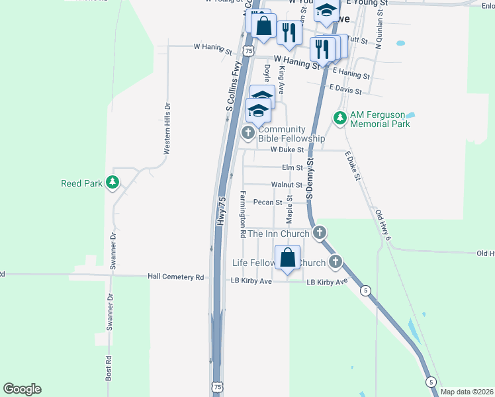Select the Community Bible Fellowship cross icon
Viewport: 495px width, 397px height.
click(248, 134)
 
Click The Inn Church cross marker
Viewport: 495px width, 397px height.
click(320, 233)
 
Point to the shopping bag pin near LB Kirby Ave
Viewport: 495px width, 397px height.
click(288, 258)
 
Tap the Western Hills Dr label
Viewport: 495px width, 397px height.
click(167, 128)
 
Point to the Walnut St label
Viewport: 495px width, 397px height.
click(287, 185)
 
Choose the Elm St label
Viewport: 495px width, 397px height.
click(292, 168)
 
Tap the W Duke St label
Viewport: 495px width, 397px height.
click(286, 150)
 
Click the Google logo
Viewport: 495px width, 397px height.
click(22, 389)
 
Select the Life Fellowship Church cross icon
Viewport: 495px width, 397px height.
click(336, 262)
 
